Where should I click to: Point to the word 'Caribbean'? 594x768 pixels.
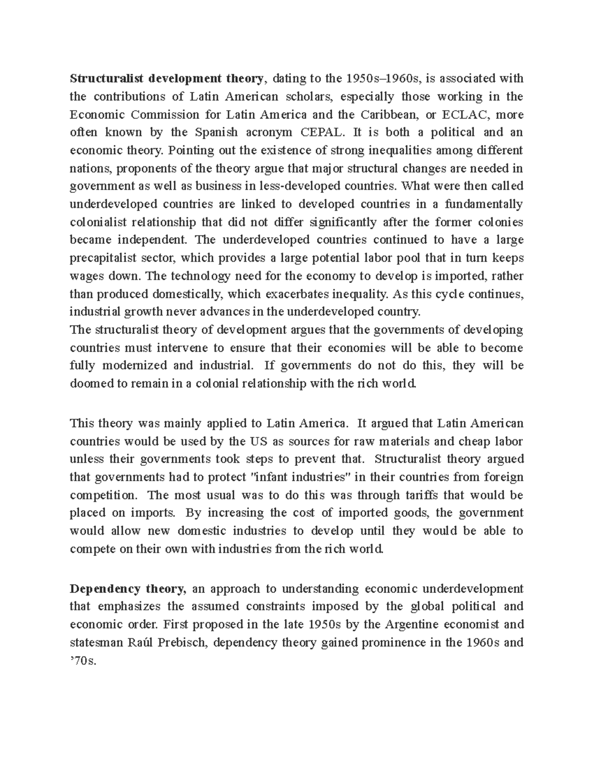(389, 115)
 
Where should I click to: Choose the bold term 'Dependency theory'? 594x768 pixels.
(128, 588)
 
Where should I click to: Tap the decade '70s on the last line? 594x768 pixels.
(81, 660)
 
